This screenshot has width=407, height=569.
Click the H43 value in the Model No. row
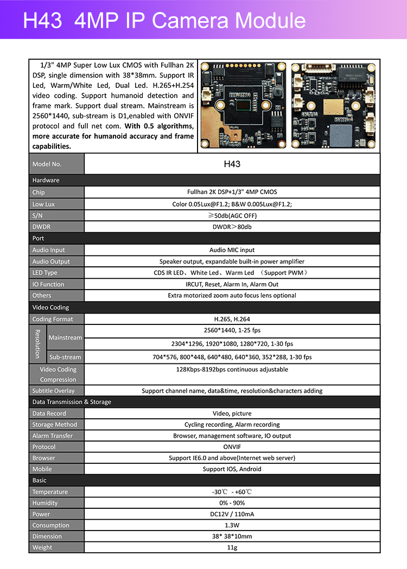click(232, 164)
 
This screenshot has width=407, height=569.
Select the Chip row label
click(39, 192)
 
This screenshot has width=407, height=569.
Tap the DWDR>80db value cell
click(232, 227)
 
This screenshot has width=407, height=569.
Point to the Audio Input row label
click(48, 250)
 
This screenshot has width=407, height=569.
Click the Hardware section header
click(46, 180)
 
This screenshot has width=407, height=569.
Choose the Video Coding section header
click(50, 307)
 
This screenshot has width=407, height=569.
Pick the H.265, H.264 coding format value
click(232, 319)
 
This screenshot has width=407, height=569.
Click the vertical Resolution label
click(37, 343)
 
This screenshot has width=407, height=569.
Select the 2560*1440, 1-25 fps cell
click(232, 330)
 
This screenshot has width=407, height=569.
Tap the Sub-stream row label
click(65, 357)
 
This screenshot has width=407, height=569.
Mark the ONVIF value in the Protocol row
click(232, 447)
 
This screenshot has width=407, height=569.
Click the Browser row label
click(43, 458)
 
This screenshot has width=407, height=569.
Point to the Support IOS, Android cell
click(232, 469)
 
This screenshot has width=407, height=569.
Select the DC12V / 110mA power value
click(232, 514)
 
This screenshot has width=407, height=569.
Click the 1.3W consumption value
click(232, 525)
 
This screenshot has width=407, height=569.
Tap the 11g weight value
click(232, 547)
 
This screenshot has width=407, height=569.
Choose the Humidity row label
click(45, 503)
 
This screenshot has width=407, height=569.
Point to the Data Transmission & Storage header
click(72, 402)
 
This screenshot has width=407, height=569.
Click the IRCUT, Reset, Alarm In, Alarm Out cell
click(232, 284)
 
